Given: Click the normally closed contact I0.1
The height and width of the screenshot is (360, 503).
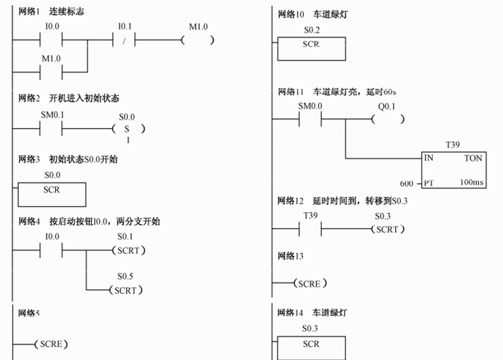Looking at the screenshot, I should (x=124, y=40).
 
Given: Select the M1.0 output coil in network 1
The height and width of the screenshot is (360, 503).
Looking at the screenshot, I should (x=198, y=40).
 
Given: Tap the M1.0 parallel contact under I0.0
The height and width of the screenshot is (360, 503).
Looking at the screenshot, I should (x=51, y=72).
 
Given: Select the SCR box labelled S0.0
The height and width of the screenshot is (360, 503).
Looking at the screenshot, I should (x=52, y=194).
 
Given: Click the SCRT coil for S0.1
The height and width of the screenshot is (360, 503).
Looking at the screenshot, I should (x=129, y=251).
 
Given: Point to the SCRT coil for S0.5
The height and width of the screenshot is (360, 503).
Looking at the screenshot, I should (x=126, y=290).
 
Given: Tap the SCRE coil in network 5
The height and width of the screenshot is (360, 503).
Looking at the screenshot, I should (x=51, y=344).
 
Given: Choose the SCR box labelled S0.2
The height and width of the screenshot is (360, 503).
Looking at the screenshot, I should (x=311, y=49).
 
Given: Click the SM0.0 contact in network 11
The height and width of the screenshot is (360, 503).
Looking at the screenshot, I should (x=310, y=119).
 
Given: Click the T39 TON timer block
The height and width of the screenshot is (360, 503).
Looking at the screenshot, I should (x=454, y=170).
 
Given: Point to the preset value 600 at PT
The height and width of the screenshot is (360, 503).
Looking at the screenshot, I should (x=406, y=183).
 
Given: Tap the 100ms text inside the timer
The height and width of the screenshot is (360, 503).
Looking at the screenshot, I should (x=471, y=182).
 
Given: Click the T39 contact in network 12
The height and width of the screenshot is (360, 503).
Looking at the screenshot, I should (x=310, y=229).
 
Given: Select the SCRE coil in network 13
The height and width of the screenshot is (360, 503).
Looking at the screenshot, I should (x=310, y=284).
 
